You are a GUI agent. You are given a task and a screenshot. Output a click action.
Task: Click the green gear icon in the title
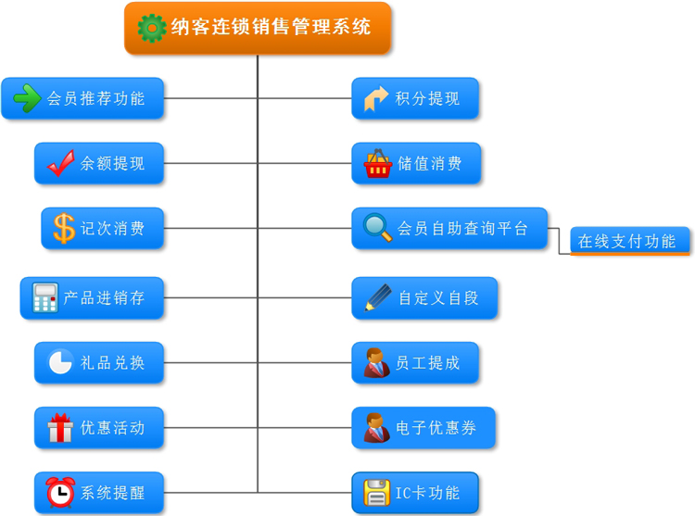(x=152, y=28)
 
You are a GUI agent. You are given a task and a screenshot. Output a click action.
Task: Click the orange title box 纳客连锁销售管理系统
(x=258, y=28)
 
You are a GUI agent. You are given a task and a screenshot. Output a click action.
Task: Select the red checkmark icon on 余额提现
(x=61, y=163)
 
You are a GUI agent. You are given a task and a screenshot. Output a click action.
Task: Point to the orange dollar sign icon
(x=64, y=228)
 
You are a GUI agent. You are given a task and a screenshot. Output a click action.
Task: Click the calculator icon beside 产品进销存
(x=44, y=298)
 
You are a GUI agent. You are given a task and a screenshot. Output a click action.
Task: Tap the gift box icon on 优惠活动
(x=60, y=428)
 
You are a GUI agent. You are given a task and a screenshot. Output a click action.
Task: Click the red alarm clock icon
(x=61, y=492)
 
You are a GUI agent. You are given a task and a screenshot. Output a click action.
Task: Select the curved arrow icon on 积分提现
(x=376, y=98)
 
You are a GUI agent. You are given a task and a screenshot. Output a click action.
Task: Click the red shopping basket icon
(x=378, y=164)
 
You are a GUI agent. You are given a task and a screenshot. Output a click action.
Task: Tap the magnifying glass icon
(x=377, y=228)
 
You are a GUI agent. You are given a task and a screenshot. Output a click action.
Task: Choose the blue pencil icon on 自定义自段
(x=378, y=297)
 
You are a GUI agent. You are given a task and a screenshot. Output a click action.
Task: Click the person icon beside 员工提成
(x=376, y=362)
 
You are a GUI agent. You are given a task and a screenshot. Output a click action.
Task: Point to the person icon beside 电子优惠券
(x=376, y=428)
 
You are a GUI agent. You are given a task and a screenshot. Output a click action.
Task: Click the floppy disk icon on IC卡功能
(x=376, y=493)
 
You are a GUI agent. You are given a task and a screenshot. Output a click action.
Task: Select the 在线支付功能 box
(x=629, y=241)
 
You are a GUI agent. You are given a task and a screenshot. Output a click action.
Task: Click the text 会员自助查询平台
(x=462, y=228)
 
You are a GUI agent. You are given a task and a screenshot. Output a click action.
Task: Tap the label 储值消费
(x=430, y=164)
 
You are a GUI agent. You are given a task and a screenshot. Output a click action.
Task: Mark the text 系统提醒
(x=112, y=492)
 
